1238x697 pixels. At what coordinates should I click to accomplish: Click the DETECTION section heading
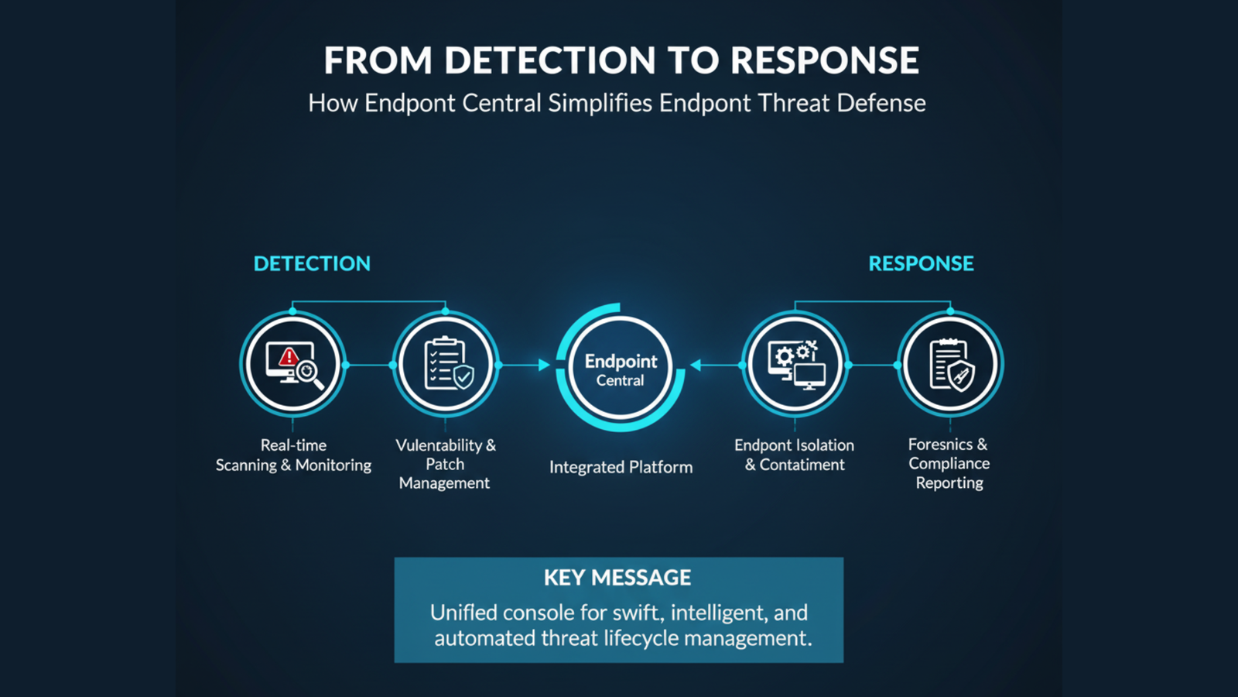312,263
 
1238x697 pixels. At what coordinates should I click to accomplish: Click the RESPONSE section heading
921,263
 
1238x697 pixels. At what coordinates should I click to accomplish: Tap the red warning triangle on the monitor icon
289,356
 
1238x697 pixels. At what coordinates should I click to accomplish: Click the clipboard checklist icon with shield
446,364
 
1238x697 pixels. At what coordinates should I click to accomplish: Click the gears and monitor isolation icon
795,364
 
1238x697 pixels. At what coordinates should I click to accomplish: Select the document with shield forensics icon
950,364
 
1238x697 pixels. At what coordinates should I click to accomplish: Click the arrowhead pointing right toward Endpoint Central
544,365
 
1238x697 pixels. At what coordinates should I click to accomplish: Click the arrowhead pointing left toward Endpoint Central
696,365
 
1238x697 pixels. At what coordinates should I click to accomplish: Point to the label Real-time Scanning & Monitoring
293,455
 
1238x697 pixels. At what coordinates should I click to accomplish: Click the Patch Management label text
445,473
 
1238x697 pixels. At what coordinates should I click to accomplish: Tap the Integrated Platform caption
621,467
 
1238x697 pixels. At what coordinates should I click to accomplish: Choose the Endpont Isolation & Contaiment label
795,455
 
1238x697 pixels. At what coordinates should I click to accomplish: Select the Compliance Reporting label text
949,473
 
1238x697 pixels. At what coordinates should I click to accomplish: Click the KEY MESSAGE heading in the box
617,578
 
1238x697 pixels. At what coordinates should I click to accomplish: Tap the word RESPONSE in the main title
825,60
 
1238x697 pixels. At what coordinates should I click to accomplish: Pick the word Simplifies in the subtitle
600,103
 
